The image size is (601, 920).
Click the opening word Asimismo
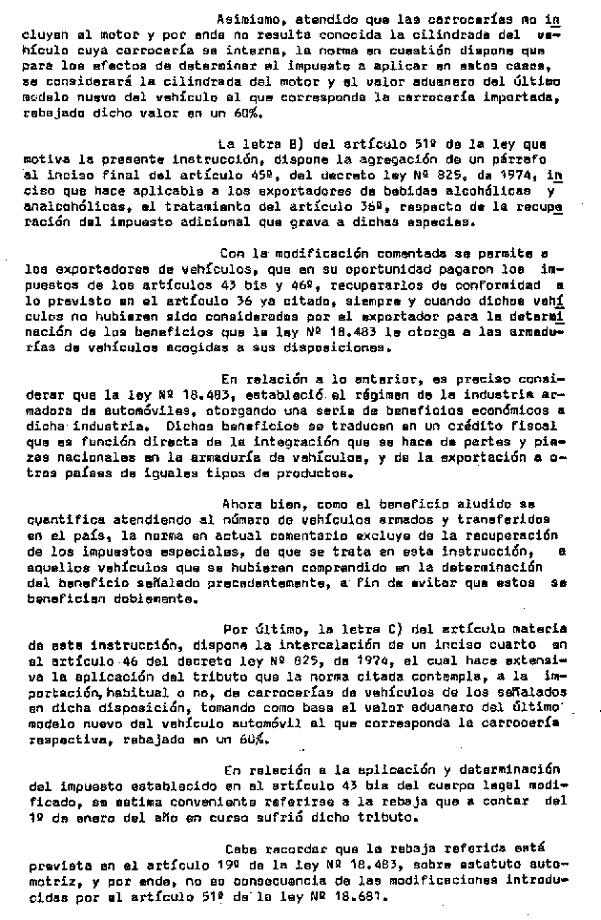(x=246, y=18)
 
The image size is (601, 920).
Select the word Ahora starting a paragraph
(x=240, y=503)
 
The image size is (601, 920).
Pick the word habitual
(x=117, y=691)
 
